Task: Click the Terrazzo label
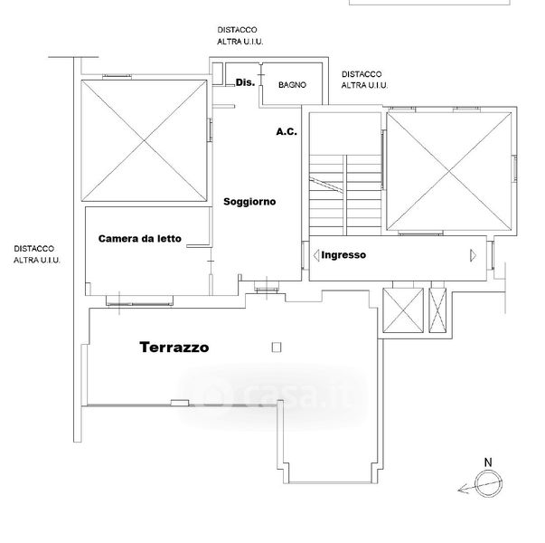(174, 347)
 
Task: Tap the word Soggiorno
(249, 202)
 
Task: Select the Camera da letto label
(140, 238)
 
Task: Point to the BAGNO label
(292, 84)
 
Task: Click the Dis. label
(245, 82)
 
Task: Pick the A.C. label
(287, 131)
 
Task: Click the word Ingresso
(343, 255)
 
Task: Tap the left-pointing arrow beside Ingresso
(316, 255)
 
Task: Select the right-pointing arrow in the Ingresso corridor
(473, 255)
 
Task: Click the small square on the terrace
(277, 347)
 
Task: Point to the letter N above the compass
(488, 462)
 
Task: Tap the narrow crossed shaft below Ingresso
(437, 310)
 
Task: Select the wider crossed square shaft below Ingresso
(403, 310)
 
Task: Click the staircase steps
(345, 195)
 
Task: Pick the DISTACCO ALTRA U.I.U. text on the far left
(37, 254)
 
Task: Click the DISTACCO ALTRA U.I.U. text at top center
(240, 35)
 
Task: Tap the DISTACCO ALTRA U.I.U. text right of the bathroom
(364, 80)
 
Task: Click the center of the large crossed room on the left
(145, 140)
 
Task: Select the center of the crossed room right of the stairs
(449, 172)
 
